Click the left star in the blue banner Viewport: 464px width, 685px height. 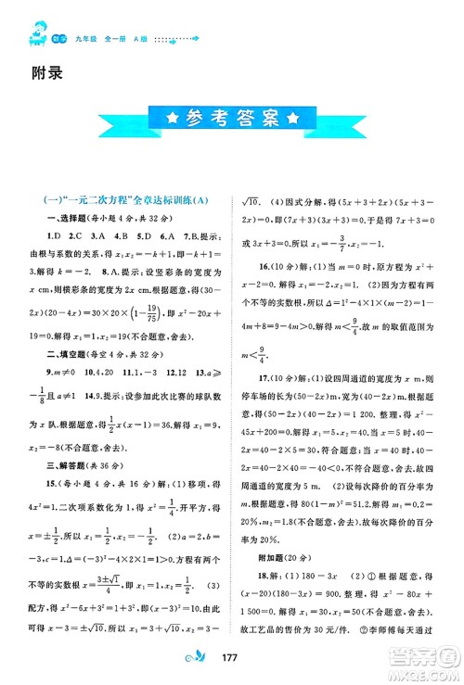click(x=171, y=145)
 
